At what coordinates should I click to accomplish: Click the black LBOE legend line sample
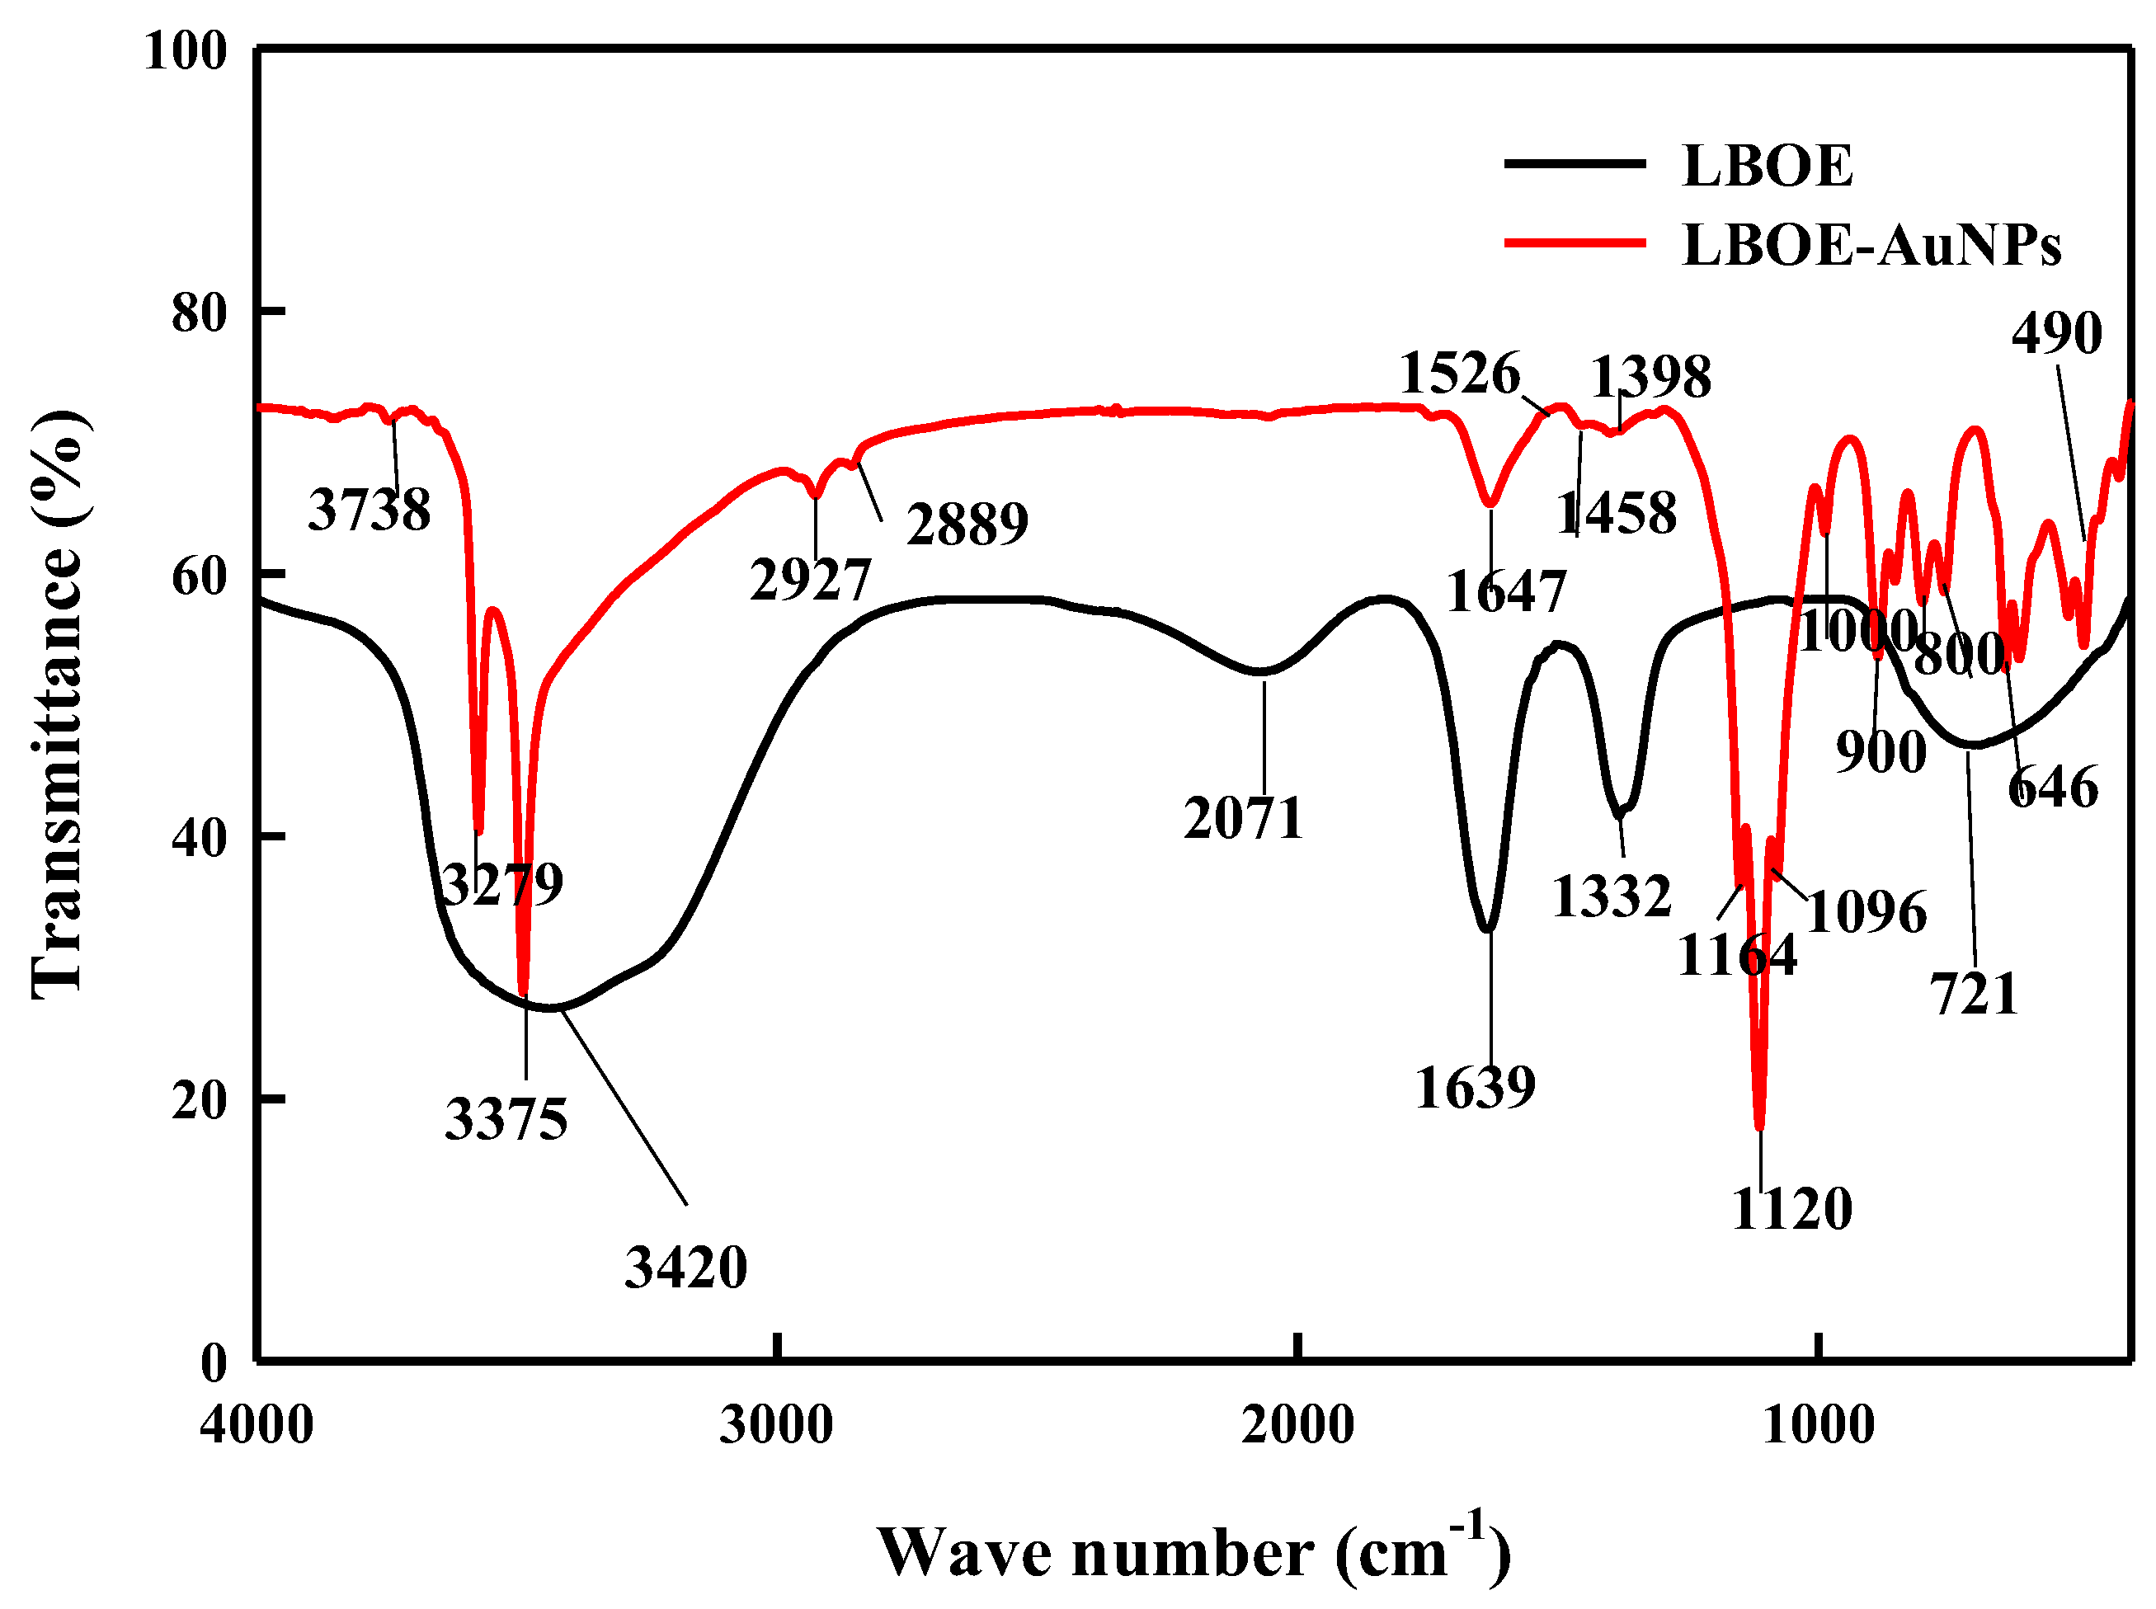(x=1574, y=163)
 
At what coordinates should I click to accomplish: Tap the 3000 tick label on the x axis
(x=776, y=1425)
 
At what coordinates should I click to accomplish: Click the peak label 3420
(x=685, y=1268)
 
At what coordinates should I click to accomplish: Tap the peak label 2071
(x=1244, y=818)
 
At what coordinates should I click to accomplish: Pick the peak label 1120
(x=1791, y=1210)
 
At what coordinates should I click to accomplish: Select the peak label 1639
(x=1475, y=1088)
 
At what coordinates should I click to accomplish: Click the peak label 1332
(x=1611, y=896)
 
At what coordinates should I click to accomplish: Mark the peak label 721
(x=1974, y=995)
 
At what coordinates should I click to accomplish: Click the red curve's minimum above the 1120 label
(x=1759, y=1125)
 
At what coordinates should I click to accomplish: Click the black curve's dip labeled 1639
(x=1488, y=928)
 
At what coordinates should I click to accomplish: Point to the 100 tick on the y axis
(x=185, y=50)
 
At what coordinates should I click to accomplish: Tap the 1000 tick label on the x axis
(x=1817, y=1425)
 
